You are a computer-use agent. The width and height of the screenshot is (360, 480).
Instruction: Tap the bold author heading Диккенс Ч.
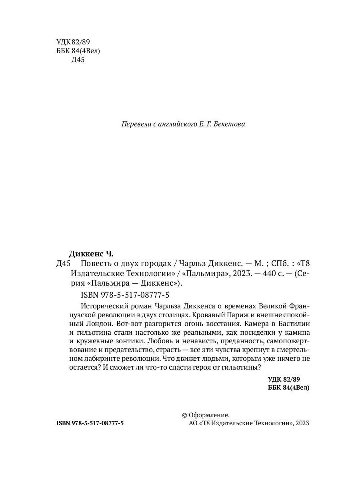click(92, 254)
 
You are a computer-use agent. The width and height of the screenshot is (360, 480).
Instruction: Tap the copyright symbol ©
click(184, 415)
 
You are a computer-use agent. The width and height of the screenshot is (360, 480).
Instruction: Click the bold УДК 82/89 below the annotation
click(284, 379)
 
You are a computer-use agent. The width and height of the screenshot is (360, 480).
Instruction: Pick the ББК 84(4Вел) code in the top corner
click(78, 51)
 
